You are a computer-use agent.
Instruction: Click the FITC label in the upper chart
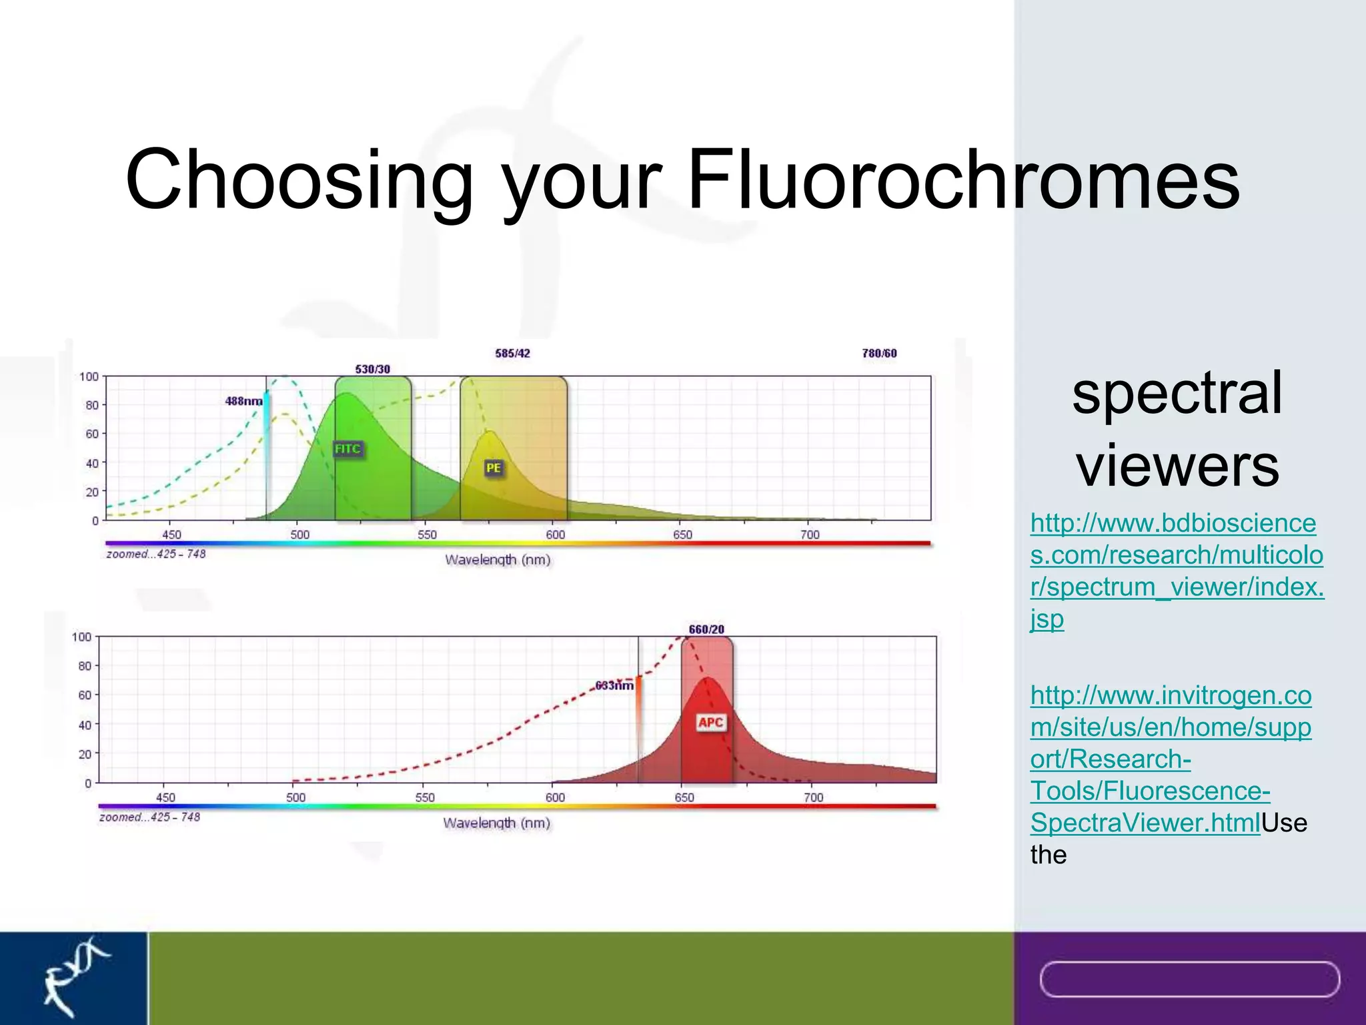pyautogui.click(x=348, y=448)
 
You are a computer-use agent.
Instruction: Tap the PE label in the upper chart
pyautogui.click(x=493, y=468)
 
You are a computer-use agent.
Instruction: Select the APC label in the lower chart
pyautogui.click(x=710, y=722)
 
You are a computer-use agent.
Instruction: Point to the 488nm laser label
pyautogui.click(x=243, y=401)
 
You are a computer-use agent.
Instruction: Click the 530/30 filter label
pyautogui.click(x=372, y=369)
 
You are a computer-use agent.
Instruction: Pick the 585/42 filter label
pyautogui.click(x=512, y=353)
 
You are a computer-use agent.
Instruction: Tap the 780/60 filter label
pyautogui.click(x=879, y=353)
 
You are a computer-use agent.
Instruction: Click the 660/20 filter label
pyautogui.click(x=706, y=629)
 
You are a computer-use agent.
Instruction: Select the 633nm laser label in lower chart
pyautogui.click(x=614, y=685)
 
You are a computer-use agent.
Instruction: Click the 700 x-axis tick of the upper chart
pyautogui.click(x=810, y=535)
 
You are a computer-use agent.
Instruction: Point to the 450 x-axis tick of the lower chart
pyautogui.click(x=165, y=797)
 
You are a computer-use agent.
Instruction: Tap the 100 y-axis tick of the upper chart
pyautogui.click(x=89, y=376)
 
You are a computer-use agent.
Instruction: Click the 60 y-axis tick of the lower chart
pyautogui.click(x=85, y=695)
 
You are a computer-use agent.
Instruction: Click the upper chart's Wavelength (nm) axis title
pyautogui.click(x=498, y=559)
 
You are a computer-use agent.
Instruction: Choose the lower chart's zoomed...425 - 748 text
pyautogui.click(x=149, y=817)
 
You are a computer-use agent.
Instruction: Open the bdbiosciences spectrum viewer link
pyautogui.click(x=1176, y=571)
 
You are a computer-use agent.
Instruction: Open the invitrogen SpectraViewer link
pyautogui.click(x=1170, y=759)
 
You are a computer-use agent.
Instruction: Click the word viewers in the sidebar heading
pyautogui.click(x=1177, y=465)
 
